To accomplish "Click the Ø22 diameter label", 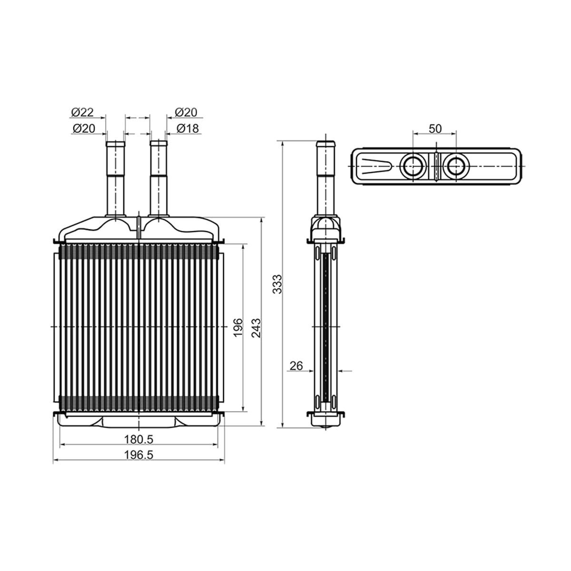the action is [x=82, y=112].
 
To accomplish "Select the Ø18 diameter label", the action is [x=187, y=128].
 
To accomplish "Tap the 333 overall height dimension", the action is [x=277, y=284].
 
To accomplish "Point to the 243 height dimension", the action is [x=256, y=328].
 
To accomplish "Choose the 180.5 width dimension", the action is [x=138, y=440].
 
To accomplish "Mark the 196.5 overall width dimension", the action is [x=138, y=455].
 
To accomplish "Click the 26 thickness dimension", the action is [x=296, y=366].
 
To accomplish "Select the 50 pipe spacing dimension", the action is [x=435, y=128].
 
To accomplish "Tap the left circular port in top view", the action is [x=413, y=166].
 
